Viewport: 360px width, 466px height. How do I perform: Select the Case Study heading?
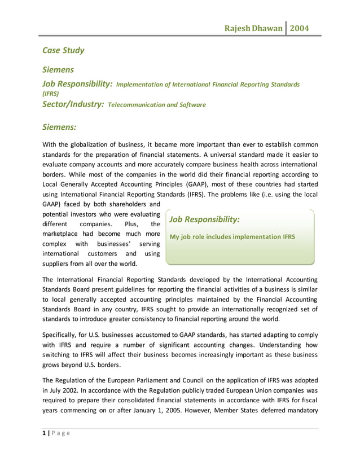[x=64, y=50]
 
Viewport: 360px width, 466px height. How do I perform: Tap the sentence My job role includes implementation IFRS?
[x=232, y=236]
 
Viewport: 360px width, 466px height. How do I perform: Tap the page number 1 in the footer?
[x=45, y=433]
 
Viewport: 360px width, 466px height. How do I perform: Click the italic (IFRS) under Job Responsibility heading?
[x=51, y=94]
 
